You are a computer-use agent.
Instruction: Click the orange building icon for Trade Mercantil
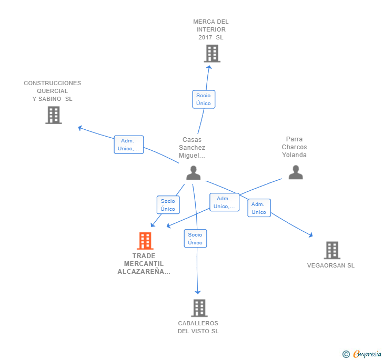pyautogui.click(x=145, y=241)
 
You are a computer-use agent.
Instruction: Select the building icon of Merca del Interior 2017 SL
pyautogui.click(x=212, y=54)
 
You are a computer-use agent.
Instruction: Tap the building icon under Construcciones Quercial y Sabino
pyautogui.click(x=54, y=115)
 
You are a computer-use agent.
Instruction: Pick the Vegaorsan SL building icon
pyautogui.click(x=332, y=250)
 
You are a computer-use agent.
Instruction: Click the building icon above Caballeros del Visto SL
pyautogui.click(x=199, y=308)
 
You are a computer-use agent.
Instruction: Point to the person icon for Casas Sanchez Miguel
pyautogui.click(x=194, y=173)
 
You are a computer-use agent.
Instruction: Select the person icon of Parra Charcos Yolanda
pyautogui.click(x=296, y=172)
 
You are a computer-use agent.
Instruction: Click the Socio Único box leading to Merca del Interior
pyautogui.click(x=204, y=99)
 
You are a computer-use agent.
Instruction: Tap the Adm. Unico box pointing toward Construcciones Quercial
pyautogui.click(x=129, y=145)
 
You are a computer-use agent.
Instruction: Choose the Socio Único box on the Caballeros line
pyautogui.click(x=195, y=239)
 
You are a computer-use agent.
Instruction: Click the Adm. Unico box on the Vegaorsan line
pyautogui.click(x=259, y=208)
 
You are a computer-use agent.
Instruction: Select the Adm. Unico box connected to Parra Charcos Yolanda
pyautogui.click(x=224, y=202)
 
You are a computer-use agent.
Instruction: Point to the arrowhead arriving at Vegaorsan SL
pyautogui.click(x=311, y=235)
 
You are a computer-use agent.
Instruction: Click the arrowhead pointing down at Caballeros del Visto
pyautogui.click(x=198, y=292)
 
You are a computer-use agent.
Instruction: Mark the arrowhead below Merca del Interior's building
pyautogui.click(x=209, y=67)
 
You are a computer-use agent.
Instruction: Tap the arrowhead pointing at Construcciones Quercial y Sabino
pyautogui.click(x=80, y=128)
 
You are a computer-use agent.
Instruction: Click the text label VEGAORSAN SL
pyautogui.click(x=331, y=265)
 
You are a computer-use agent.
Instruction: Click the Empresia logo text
pyautogui.click(x=367, y=354)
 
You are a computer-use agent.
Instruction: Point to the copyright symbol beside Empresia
pyautogui.click(x=346, y=354)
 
